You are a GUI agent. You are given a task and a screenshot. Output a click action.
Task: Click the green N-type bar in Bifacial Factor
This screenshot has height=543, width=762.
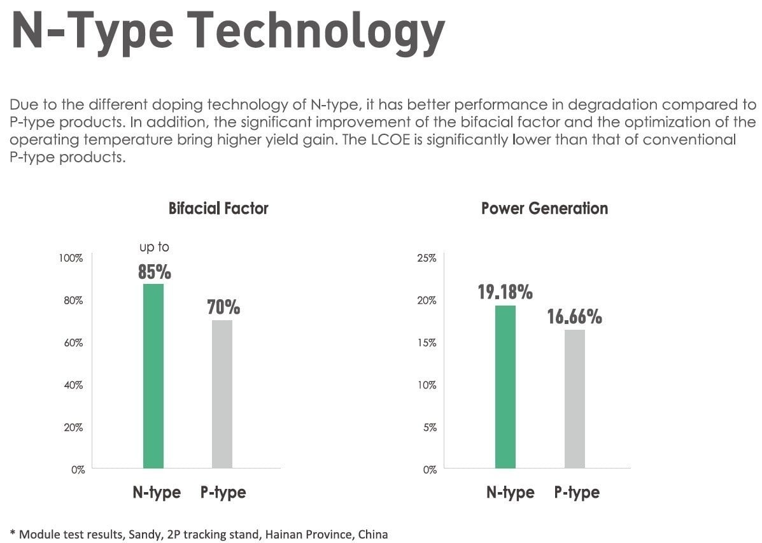(153, 376)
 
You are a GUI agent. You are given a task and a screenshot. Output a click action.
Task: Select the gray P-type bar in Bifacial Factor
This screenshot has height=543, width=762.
(222, 394)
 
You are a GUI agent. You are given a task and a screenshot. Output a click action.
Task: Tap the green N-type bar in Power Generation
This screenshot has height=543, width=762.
(505, 386)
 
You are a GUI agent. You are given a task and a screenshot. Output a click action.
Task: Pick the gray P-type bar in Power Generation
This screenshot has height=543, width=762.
(574, 398)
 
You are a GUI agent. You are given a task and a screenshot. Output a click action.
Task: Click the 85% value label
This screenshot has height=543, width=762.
(155, 272)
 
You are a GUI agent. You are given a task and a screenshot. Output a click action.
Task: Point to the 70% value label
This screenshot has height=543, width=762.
(223, 308)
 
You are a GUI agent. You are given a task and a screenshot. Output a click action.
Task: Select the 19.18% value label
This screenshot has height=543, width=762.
(505, 293)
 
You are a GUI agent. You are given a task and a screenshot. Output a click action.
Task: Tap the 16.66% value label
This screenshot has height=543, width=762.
(574, 316)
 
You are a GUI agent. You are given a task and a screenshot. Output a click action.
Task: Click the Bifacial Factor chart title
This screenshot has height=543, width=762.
(218, 208)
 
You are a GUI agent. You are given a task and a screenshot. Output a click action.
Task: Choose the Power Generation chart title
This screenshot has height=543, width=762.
(544, 208)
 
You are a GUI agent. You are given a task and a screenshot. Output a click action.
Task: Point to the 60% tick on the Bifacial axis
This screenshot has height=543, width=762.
(73, 342)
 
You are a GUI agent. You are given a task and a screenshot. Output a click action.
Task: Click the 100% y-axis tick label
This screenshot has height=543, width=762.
(71, 258)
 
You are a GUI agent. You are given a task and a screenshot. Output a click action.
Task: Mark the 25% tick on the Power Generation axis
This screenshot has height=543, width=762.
(426, 258)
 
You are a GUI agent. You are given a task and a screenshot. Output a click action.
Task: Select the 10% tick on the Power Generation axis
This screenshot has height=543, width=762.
(426, 385)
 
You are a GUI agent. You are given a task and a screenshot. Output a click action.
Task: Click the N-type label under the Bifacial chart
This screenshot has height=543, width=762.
(157, 492)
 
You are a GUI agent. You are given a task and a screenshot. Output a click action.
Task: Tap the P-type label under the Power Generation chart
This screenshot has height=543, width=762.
(577, 492)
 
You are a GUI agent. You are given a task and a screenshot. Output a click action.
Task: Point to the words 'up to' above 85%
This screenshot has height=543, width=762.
(155, 247)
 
